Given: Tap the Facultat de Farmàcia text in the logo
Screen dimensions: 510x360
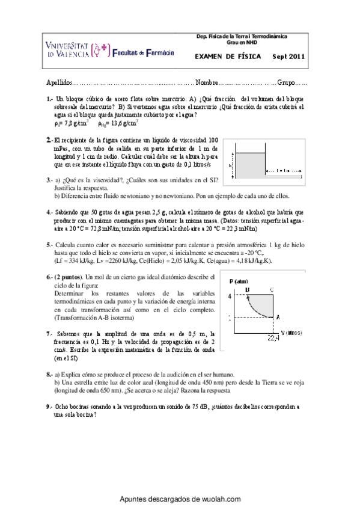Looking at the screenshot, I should point(143,53).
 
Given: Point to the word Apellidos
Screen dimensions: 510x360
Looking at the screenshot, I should point(59,82).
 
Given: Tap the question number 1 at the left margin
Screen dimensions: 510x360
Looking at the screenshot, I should point(49,97).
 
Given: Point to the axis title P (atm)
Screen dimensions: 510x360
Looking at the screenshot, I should point(239,281).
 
